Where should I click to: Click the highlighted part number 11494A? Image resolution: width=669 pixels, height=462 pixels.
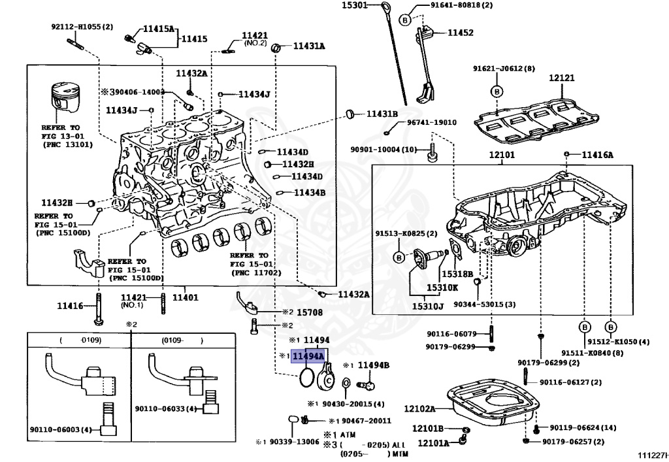tap(308, 356)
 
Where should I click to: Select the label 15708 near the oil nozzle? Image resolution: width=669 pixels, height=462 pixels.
tap(310, 312)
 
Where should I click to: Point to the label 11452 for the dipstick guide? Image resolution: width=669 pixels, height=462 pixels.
tap(461, 32)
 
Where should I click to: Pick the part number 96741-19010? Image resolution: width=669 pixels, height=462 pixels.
tap(432, 122)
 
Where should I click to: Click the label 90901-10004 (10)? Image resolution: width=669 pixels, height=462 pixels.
tap(392, 150)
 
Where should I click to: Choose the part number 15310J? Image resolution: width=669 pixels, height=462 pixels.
tap(427, 306)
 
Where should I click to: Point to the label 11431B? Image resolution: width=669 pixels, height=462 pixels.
tap(381, 113)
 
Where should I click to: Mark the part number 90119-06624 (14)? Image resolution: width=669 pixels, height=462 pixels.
tap(583, 427)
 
